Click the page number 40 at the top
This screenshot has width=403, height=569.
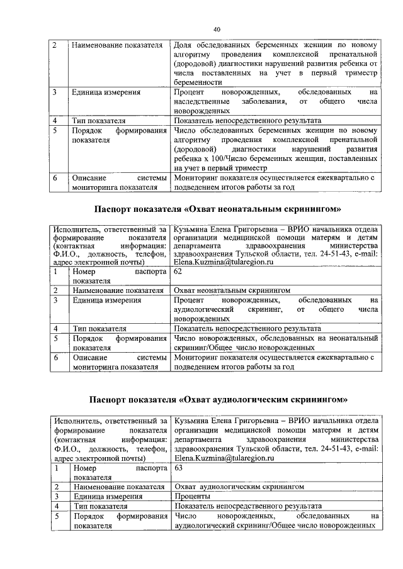[217, 30]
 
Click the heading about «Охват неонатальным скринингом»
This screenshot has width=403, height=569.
[217, 208]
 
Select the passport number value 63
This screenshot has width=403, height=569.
[179, 468]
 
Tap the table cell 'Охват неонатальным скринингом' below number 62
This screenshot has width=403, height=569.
[232, 290]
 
